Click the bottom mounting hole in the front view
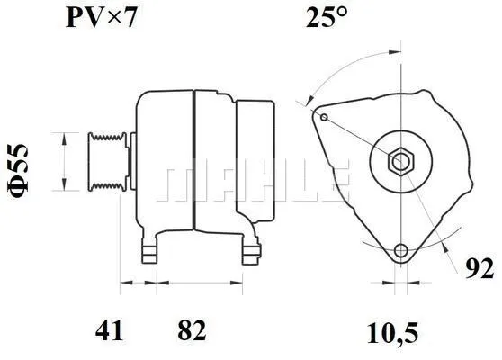(x=401, y=251)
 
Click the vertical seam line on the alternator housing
(x=194, y=162)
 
